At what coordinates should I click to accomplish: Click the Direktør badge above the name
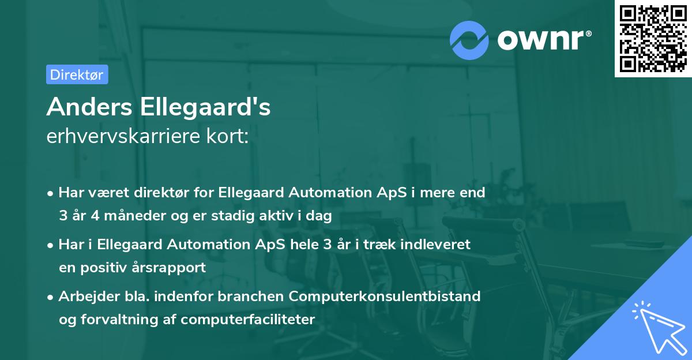click(x=77, y=74)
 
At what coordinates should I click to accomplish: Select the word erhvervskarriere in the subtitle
click(x=127, y=137)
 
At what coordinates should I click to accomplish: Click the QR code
click(x=652, y=39)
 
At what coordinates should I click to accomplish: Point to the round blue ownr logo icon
click(x=469, y=40)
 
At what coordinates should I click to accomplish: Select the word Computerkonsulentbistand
click(x=385, y=296)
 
